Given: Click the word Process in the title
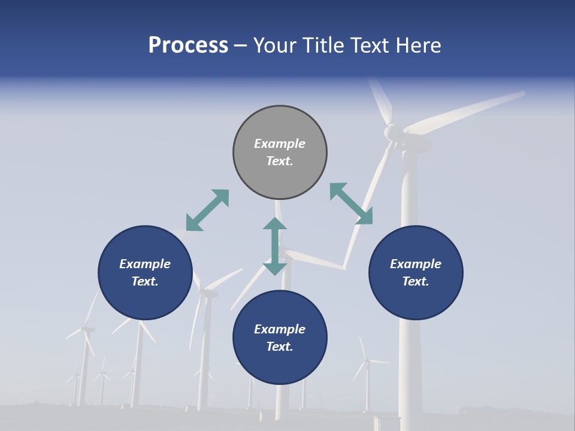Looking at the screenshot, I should (188, 45).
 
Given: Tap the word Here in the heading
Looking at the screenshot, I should (417, 45).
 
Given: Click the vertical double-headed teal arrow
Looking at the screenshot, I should (275, 246).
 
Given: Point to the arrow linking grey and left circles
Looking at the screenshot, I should (207, 210).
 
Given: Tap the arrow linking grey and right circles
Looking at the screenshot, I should (351, 204).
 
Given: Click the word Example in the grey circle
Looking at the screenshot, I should (280, 144).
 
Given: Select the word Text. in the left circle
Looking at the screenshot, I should (145, 281).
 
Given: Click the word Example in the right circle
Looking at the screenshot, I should (416, 264).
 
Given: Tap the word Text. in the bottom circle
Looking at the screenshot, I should (280, 347).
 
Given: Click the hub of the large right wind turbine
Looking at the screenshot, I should (392, 131).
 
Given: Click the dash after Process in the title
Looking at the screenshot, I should (240, 46).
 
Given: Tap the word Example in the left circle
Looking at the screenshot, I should (145, 264).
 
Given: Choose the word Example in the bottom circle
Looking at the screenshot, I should (280, 329).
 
